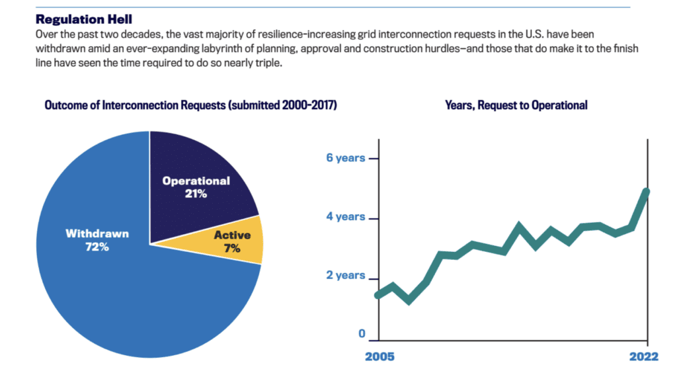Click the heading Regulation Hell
click(x=84, y=19)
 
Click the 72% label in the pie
click(x=97, y=247)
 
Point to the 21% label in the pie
click(x=196, y=194)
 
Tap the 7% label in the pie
click(x=232, y=249)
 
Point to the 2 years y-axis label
click(x=346, y=275)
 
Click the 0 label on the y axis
click(x=362, y=334)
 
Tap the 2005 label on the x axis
click(x=379, y=356)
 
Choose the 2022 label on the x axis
click(x=643, y=356)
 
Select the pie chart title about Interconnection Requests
click(x=190, y=105)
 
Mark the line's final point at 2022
click(x=646, y=192)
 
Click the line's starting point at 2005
click(x=378, y=295)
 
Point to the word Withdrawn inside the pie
click(x=97, y=233)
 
